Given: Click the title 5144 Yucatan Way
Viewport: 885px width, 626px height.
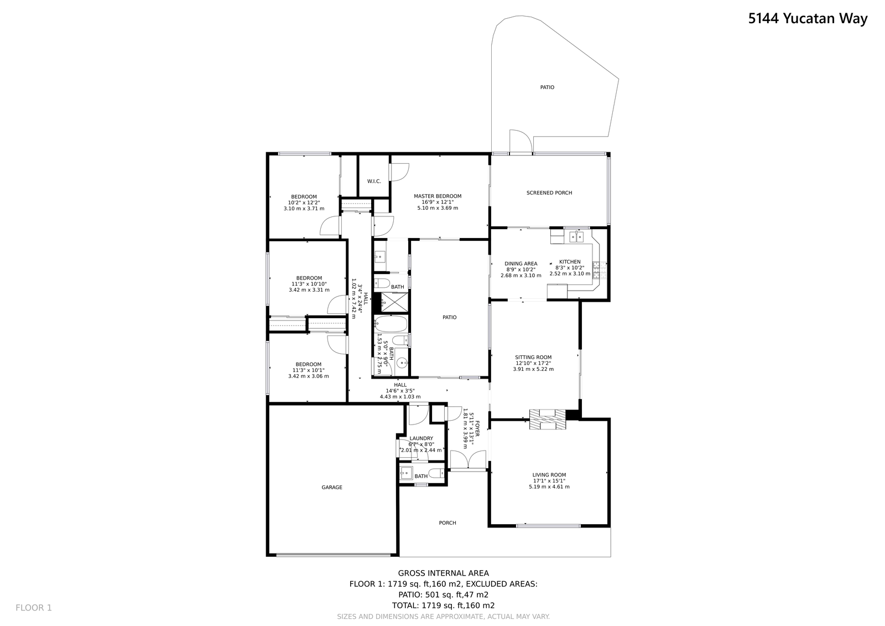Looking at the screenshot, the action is tap(808, 19).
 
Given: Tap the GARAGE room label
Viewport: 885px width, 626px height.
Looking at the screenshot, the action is tap(332, 488).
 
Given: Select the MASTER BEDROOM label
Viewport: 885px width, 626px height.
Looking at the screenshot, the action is tap(438, 196).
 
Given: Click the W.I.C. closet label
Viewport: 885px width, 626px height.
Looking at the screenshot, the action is tap(374, 182).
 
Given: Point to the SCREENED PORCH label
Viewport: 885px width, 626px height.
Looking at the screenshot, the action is tap(549, 193).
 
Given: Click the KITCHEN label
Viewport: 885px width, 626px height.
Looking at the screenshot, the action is tap(570, 262).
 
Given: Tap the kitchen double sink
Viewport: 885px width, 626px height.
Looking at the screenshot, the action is tap(576, 237).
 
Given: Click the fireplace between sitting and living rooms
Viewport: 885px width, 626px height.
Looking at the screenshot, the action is tap(548, 419).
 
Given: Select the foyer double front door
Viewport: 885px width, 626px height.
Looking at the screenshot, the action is tap(468, 461).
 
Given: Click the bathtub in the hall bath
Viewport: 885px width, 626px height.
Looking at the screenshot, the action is tap(391, 324).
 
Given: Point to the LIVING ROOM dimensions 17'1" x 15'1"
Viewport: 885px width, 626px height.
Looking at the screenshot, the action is tap(549, 481).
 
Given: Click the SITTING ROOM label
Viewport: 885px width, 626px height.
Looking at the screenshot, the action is tap(533, 358).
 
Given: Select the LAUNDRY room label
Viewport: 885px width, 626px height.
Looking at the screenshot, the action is tap(421, 438).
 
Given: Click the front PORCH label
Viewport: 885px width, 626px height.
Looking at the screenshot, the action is tap(447, 523).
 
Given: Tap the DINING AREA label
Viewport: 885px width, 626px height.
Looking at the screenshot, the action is tap(520, 264).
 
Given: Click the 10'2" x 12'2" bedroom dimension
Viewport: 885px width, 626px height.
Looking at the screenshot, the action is tap(304, 203).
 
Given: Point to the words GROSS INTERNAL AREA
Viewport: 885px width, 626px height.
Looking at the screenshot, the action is tap(443, 573).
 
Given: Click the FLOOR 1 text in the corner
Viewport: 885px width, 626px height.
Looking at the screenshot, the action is tap(34, 608).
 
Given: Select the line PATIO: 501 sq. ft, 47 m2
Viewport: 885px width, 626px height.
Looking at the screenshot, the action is tap(443, 595).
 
